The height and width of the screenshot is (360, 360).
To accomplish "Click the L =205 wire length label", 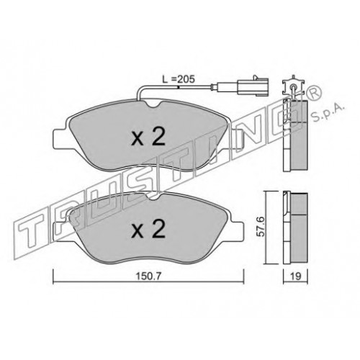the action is [x=179, y=79].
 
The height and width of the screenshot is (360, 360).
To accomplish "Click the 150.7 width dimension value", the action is [x=148, y=276].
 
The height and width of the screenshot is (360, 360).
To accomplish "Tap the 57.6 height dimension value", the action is [x=260, y=227].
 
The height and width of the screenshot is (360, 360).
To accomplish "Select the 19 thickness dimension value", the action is [x=296, y=276].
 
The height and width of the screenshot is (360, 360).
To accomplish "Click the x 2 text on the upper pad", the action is [x=148, y=136].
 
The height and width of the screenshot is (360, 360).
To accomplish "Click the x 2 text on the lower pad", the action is [x=148, y=229].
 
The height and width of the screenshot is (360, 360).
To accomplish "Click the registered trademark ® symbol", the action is [x=313, y=94].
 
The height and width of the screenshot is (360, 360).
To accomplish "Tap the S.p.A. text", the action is [x=328, y=112].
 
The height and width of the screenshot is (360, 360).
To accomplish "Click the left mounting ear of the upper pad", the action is [x=59, y=139].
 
